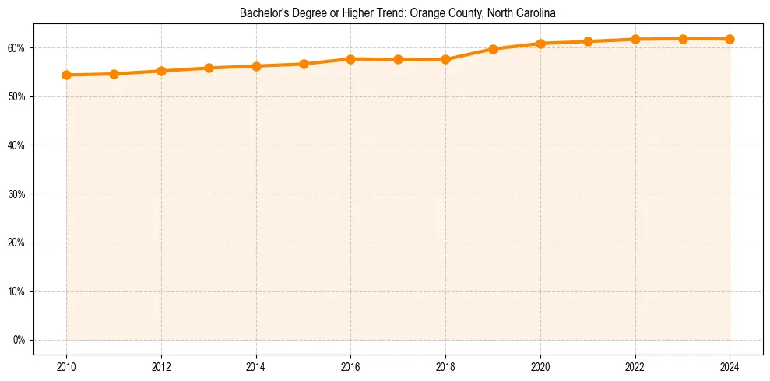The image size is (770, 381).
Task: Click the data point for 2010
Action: (x=66, y=75)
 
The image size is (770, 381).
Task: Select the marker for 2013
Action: (x=209, y=68)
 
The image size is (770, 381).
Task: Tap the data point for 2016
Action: (x=350, y=59)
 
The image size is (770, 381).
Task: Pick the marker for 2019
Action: (x=493, y=49)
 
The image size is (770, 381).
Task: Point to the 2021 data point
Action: (x=588, y=41)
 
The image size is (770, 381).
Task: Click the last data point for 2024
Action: (x=730, y=39)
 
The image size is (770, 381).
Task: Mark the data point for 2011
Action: (x=114, y=74)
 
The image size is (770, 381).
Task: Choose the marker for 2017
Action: (x=398, y=59)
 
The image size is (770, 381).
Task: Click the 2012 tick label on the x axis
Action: (x=161, y=367)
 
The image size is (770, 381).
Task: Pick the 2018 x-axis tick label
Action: (x=445, y=367)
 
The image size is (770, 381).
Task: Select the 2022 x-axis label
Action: (x=635, y=367)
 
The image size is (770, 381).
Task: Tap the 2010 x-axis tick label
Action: (x=66, y=367)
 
